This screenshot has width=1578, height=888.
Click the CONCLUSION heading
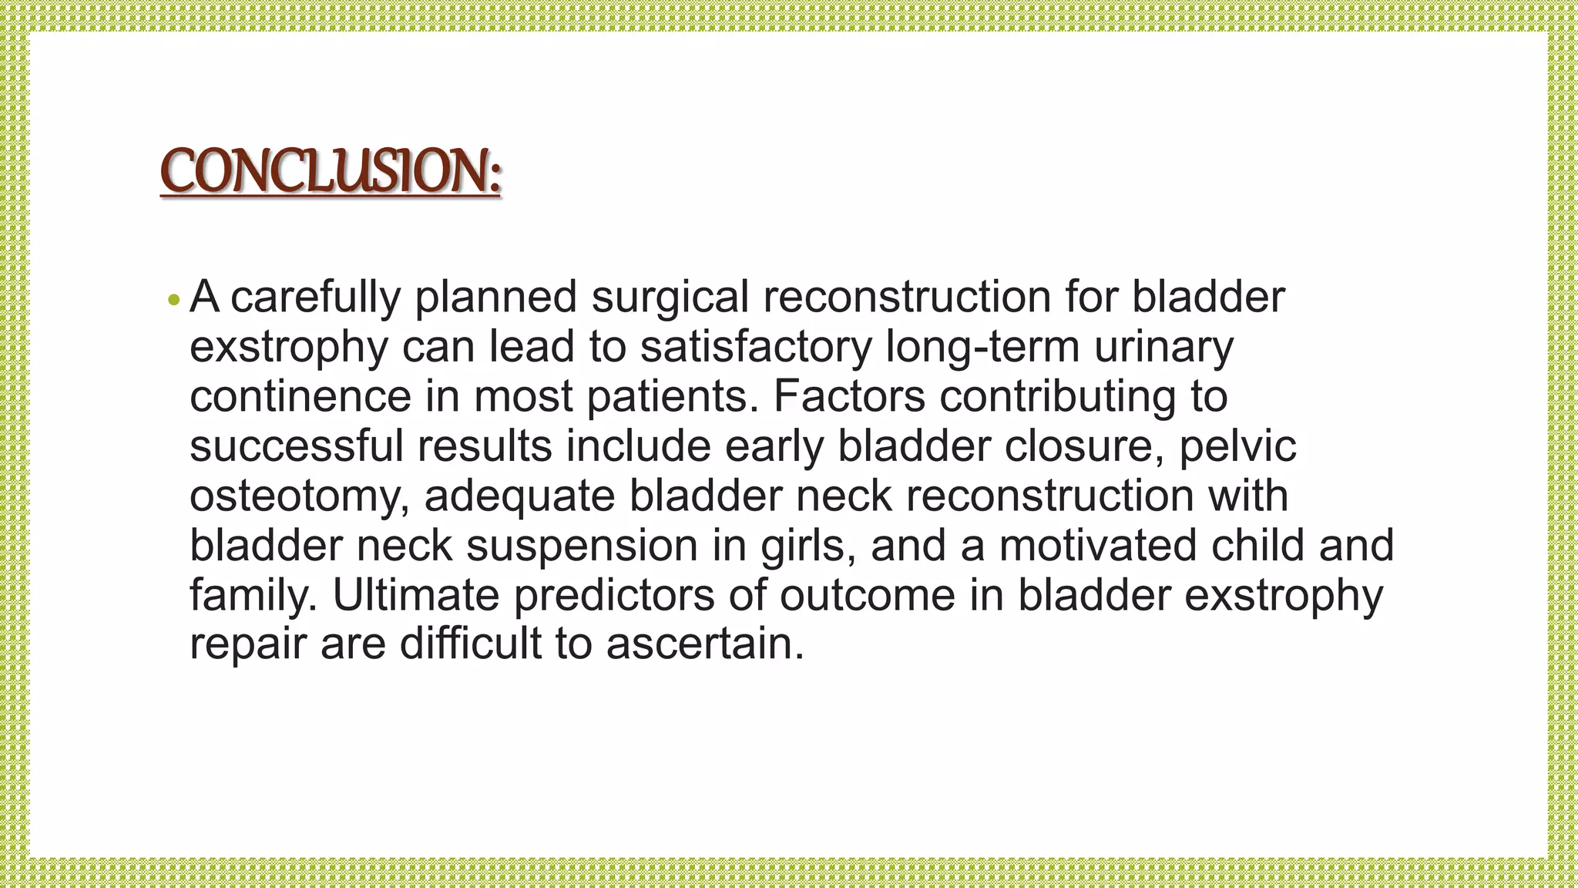point(331,171)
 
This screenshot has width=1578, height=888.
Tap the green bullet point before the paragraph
point(173,299)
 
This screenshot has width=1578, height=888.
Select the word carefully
point(315,298)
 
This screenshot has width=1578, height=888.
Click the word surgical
point(670,298)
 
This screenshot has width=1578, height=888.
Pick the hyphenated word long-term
point(982,347)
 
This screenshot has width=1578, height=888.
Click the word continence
point(300,397)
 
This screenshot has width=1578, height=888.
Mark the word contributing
point(1058,397)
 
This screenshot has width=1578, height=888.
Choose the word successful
point(297,446)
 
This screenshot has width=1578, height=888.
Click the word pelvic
point(1237,446)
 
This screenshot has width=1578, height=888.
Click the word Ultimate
point(416,595)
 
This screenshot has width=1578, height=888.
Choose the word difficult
point(470,644)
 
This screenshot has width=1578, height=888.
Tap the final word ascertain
point(704,644)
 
